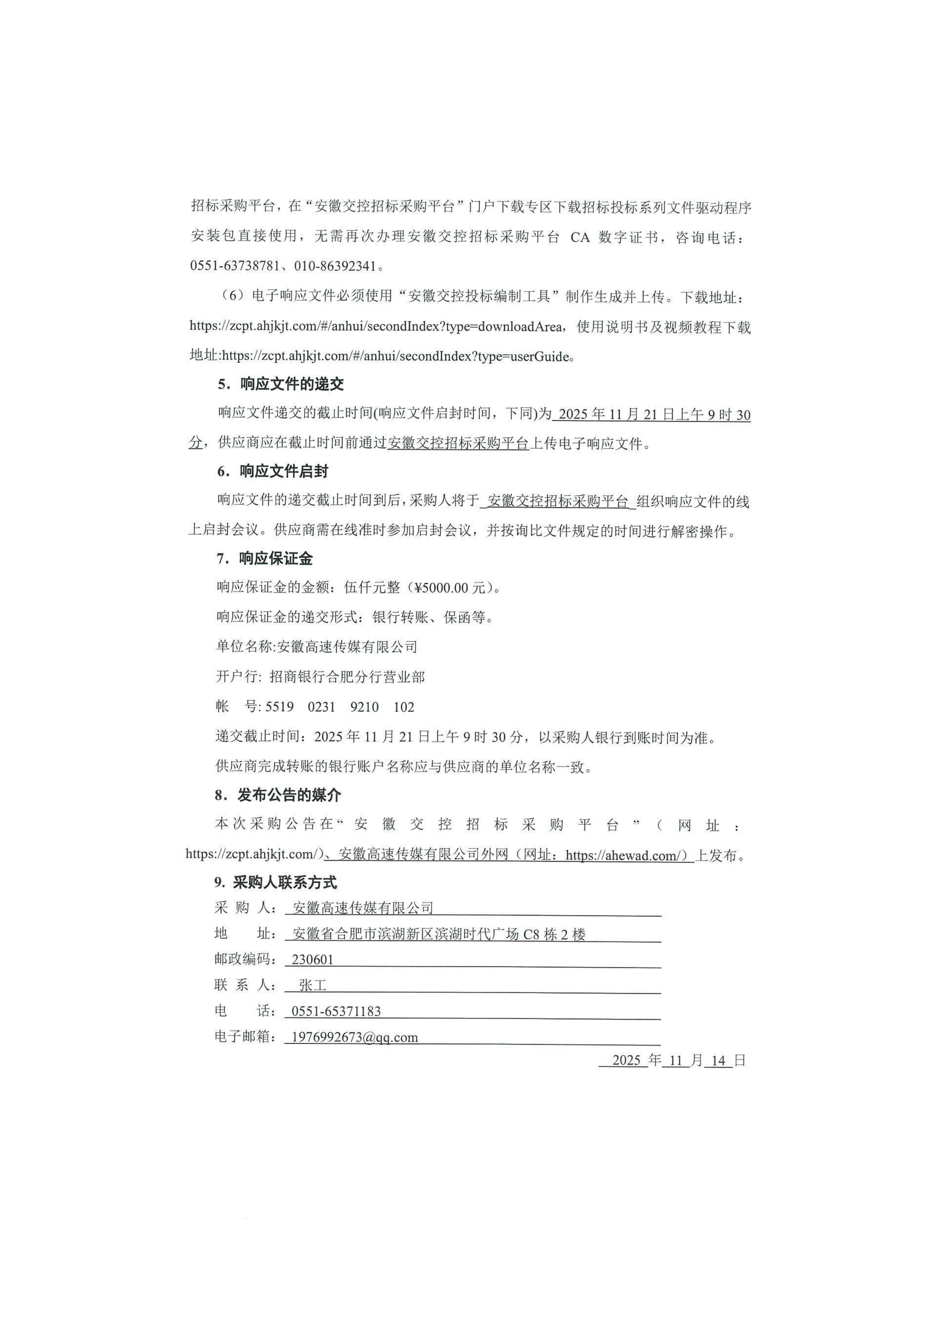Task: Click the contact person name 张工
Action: click(313, 985)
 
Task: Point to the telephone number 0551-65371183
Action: click(336, 1011)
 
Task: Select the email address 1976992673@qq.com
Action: click(355, 1037)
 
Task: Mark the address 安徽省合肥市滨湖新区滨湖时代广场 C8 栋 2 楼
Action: click(439, 934)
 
